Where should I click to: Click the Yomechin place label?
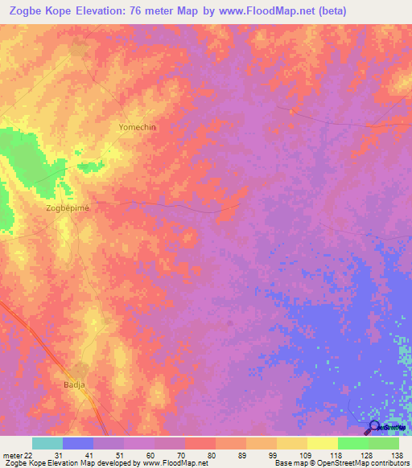pyautogui.click(x=137, y=128)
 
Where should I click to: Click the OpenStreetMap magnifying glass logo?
pyautogui.click(x=374, y=428)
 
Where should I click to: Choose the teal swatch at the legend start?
pyautogui.click(x=47, y=443)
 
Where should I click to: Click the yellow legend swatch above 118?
pyautogui.click(x=322, y=443)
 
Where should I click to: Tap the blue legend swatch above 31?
pyautogui.click(x=78, y=443)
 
